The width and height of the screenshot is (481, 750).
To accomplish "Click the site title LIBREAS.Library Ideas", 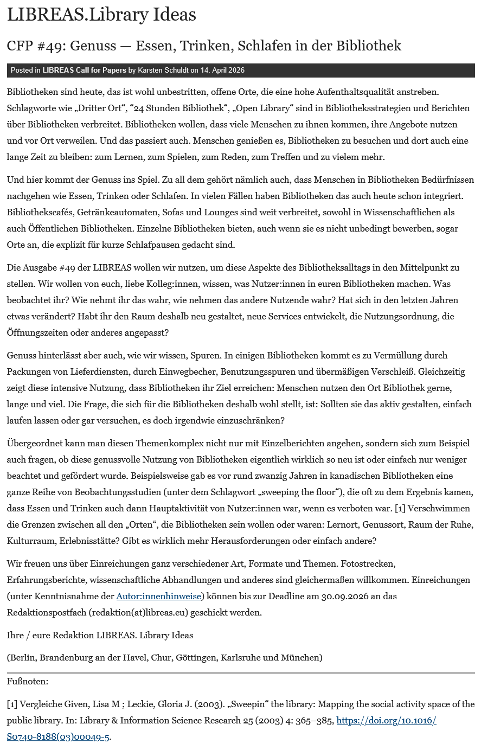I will [101, 15].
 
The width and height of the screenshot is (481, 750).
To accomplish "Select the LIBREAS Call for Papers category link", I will [84, 70].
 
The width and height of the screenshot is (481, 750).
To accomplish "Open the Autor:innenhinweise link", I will [159, 597].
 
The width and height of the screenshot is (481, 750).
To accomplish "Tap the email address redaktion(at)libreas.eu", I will [139, 613].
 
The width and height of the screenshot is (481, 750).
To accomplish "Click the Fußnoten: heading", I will [28, 681].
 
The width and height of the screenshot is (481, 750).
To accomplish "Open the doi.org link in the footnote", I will [386, 721].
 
